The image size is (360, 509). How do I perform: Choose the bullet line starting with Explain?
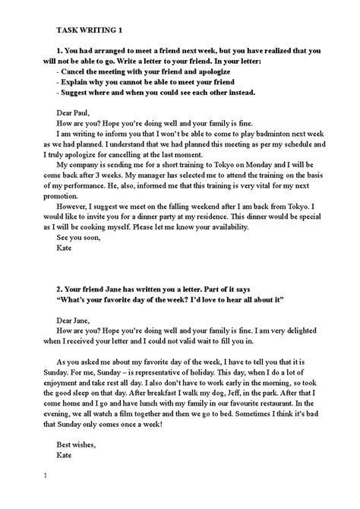pos(148,81)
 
